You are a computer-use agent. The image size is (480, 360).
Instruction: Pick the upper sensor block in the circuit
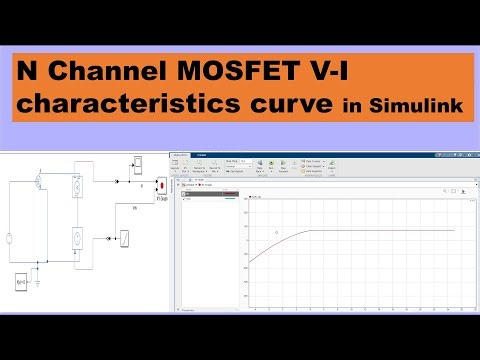81,186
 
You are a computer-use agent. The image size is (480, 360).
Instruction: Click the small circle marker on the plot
277,232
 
